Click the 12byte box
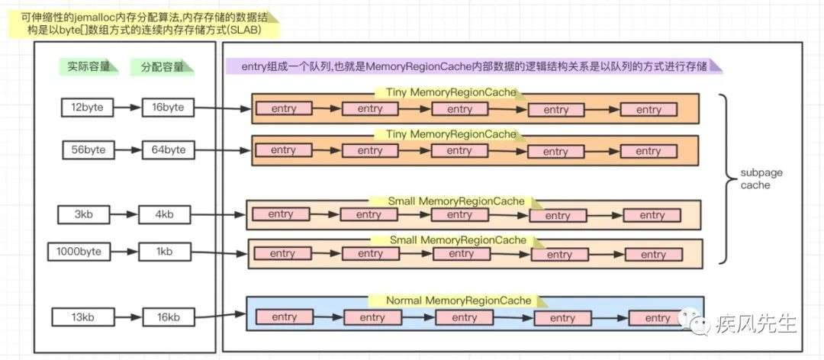pos(87,108)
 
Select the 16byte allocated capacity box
pos(168,108)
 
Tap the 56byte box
pos(89,149)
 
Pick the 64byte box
pos(168,149)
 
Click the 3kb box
pos(84,214)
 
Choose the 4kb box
pos(164,214)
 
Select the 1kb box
pos(164,252)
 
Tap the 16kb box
pos(168,317)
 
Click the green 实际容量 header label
pos(88,67)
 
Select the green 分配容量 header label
pos(162,67)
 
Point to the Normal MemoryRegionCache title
pos(459,301)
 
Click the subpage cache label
pos(755,178)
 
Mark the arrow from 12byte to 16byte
pos(128,108)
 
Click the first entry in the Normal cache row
pos(285,317)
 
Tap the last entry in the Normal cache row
pos(657,319)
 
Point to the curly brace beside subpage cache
pos(727,178)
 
